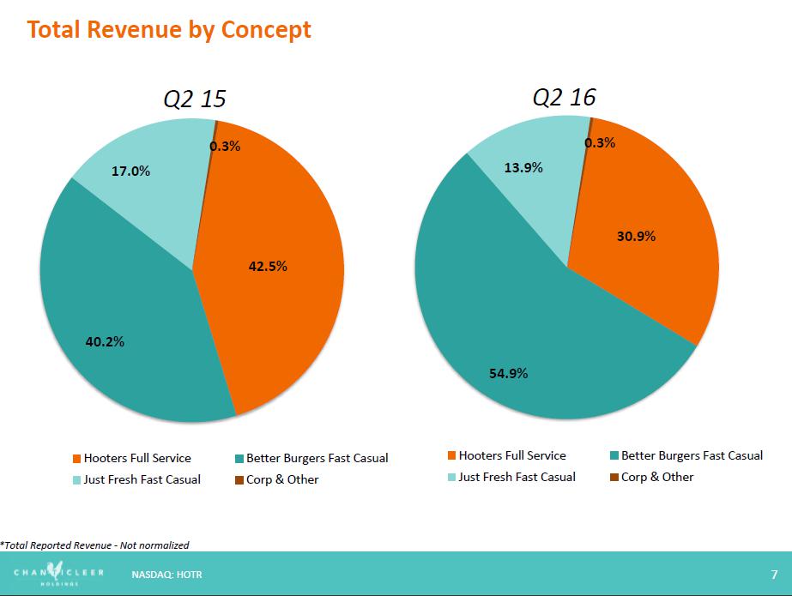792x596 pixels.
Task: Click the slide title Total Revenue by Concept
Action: point(168,30)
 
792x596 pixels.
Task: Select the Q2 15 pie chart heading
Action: point(195,99)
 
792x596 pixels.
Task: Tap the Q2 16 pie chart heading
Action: point(564,97)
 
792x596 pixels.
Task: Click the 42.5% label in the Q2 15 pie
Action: point(268,267)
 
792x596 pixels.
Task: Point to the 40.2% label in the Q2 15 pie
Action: point(105,342)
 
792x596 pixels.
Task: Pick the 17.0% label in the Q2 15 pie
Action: point(130,172)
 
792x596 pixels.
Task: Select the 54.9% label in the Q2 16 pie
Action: point(508,374)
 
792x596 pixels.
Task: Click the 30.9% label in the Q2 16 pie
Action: point(636,236)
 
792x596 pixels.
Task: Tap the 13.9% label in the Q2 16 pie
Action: point(523,168)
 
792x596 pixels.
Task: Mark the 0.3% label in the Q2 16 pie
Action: point(600,143)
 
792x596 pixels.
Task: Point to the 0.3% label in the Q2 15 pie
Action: point(225,147)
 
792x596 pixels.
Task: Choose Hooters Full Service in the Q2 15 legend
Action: point(137,459)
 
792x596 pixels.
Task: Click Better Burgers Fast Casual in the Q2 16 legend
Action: point(692,455)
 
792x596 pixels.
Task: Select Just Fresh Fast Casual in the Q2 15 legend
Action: point(142,479)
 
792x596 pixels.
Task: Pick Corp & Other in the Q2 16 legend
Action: point(656,477)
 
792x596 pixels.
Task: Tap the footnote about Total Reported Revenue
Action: point(94,545)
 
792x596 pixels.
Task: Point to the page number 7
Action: point(774,573)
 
